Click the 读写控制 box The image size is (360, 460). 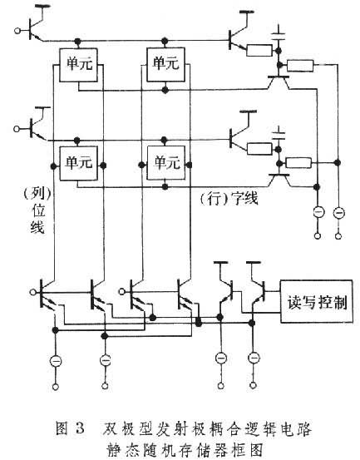click(x=316, y=301)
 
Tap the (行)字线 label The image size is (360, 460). click(x=229, y=199)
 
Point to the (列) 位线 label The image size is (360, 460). click(x=37, y=210)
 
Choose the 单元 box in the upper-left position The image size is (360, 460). click(x=78, y=65)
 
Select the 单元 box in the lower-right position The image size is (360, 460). click(x=166, y=163)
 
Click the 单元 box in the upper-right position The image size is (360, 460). click(x=165, y=65)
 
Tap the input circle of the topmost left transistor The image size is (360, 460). click(x=17, y=30)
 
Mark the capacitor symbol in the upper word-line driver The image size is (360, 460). click(x=279, y=35)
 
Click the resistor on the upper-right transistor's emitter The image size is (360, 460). click(x=259, y=51)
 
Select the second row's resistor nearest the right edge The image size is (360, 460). click(x=298, y=163)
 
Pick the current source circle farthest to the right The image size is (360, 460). click(x=339, y=213)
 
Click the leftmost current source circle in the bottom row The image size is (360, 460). click(x=56, y=361)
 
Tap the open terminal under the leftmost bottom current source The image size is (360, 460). click(x=56, y=387)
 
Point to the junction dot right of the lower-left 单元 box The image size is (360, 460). click(x=103, y=166)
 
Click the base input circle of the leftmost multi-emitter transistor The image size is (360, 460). click(x=33, y=292)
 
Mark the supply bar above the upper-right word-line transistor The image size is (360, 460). click(x=247, y=12)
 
